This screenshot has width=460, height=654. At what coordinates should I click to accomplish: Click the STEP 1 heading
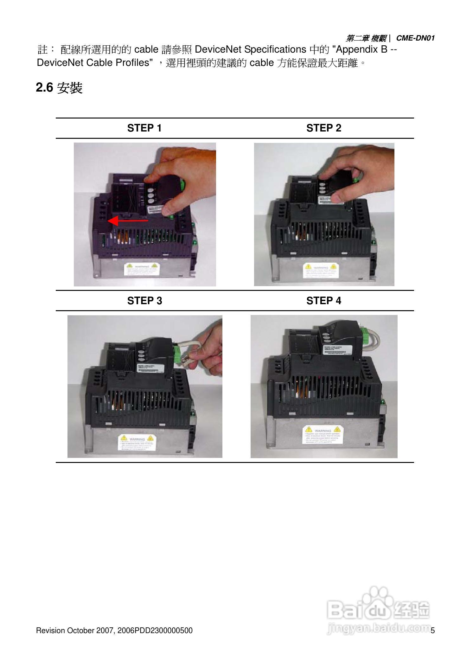(144, 128)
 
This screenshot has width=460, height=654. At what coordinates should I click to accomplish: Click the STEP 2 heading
(323, 128)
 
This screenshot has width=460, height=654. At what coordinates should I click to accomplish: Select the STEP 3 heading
(144, 300)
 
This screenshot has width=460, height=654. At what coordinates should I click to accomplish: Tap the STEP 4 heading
(323, 300)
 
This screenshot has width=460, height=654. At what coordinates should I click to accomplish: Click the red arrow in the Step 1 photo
(128, 221)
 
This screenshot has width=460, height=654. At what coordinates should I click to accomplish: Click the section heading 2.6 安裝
(59, 88)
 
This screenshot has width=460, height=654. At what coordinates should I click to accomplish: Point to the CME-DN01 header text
(415, 38)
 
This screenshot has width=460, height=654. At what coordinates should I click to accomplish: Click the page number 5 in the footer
(433, 630)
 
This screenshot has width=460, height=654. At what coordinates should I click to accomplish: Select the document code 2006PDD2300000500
(155, 630)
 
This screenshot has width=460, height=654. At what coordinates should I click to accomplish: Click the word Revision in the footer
(50, 630)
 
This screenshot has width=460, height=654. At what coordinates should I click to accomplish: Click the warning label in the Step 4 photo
(322, 434)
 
